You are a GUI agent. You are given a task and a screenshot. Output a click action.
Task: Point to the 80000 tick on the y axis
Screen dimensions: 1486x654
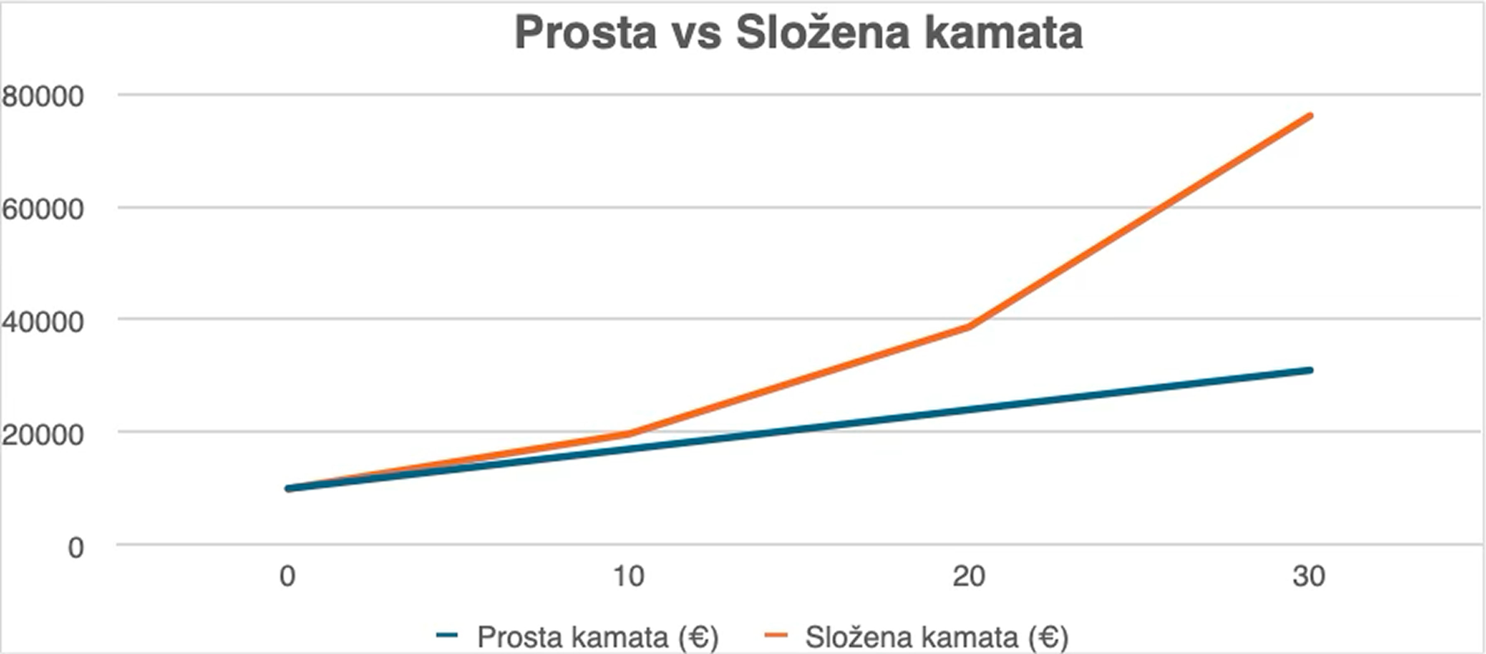click(43, 96)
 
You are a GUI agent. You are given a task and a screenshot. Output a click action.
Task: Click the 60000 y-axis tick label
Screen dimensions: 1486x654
click(43, 208)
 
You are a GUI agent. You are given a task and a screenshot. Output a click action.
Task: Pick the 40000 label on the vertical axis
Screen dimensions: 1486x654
click(43, 322)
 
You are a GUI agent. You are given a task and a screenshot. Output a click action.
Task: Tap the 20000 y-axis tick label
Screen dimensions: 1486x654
click(43, 434)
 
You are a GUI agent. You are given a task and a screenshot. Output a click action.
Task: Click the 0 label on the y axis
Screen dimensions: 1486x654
click(75, 547)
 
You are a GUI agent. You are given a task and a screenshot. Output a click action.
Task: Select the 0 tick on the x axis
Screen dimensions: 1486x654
click(287, 576)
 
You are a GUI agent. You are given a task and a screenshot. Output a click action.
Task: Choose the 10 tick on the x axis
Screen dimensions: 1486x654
click(628, 576)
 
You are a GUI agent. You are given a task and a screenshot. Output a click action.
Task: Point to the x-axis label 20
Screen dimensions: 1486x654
click(969, 576)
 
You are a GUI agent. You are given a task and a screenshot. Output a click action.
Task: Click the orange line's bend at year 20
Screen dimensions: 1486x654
click(969, 327)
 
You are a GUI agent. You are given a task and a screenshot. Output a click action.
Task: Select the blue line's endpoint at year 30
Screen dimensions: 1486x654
click(1310, 370)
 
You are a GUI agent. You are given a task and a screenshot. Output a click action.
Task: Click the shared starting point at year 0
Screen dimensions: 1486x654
click(288, 488)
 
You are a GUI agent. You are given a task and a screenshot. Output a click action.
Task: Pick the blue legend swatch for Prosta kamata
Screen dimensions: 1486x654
click(447, 635)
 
